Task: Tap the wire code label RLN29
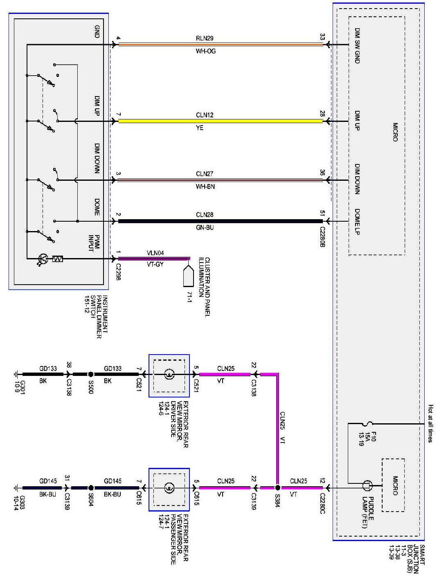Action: click(x=205, y=38)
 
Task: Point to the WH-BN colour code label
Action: click(x=205, y=186)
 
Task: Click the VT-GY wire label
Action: click(x=155, y=264)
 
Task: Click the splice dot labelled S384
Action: click(x=277, y=487)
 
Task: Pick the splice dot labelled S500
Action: click(x=91, y=374)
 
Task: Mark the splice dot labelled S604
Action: click(x=91, y=487)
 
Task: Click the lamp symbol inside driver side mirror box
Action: click(x=169, y=374)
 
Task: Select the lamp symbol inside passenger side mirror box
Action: click(x=169, y=487)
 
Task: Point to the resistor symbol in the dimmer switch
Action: click(x=58, y=258)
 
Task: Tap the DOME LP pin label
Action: click(x=357, y=221)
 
